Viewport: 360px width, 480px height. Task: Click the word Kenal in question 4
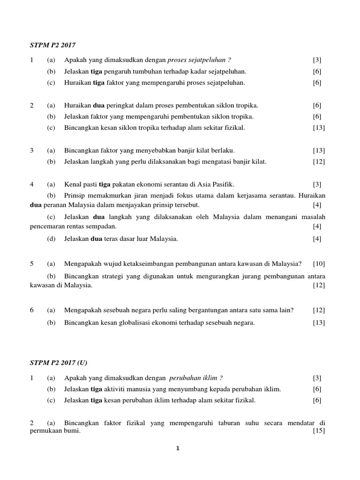click(74, 184)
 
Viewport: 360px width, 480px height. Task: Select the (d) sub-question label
click(51, 239)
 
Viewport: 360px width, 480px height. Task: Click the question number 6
click(32, 310)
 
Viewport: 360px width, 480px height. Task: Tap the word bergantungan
click(186, 310)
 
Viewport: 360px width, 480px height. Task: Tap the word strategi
click(111, 276)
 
